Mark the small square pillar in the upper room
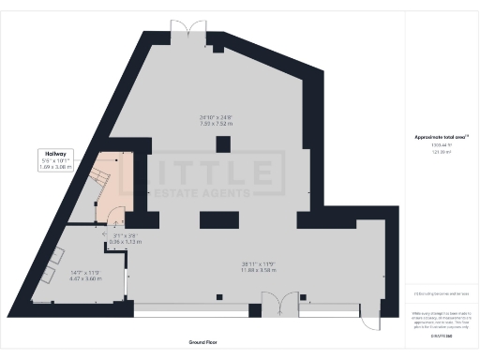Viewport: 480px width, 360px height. [x=222, y=143]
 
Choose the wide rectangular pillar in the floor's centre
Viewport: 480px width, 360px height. [x=223, y=221]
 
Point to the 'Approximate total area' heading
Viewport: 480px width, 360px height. [x=438, y=137]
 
